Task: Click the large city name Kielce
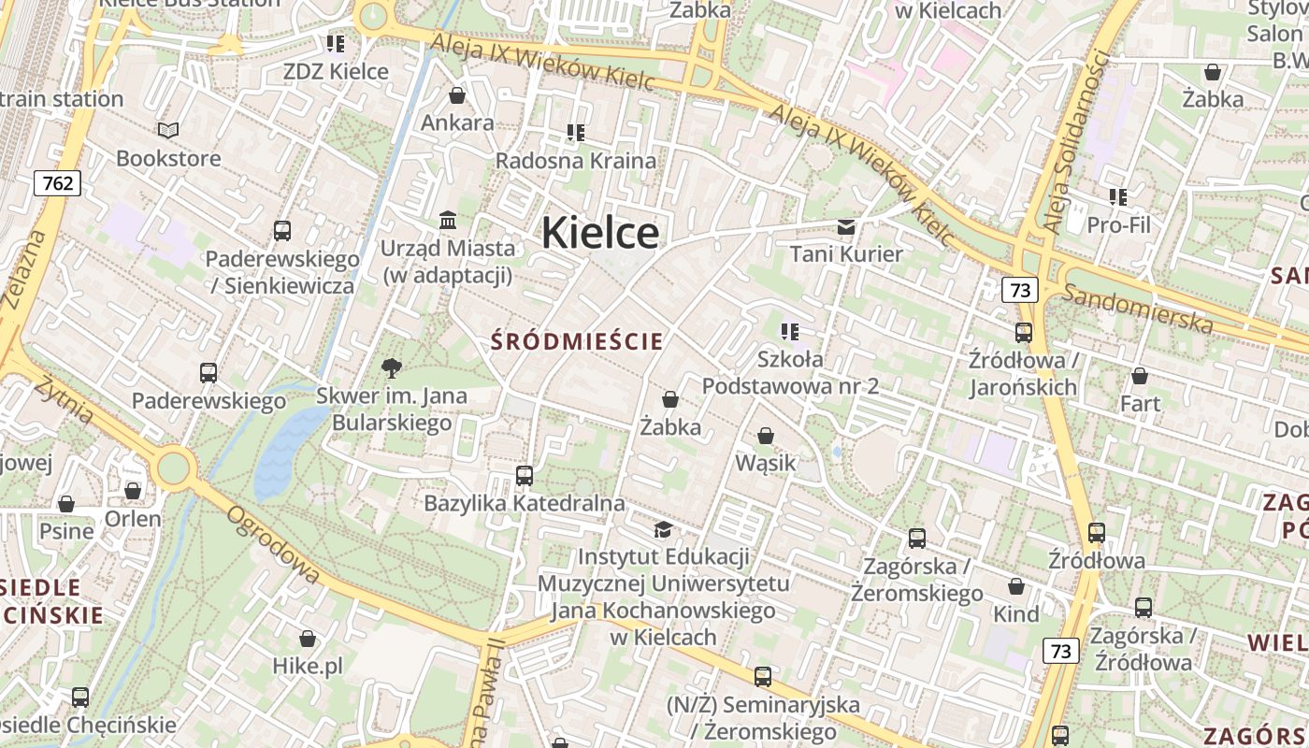tap(599, 232)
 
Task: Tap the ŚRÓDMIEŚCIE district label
tap(577, 341)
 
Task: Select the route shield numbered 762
tap(57, 183)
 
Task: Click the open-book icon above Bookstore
tap(168, 131)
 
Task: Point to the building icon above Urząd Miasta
tap(448, 221)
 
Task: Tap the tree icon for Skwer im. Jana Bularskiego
tap(392, 368)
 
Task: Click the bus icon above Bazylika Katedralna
tap(525, 476)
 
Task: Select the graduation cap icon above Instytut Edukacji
tap(663, 530)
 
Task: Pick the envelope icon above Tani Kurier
tap(846, 226)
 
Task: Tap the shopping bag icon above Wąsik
tap(766, 436)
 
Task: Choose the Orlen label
tap(133, 519)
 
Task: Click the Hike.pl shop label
tap(308, 666)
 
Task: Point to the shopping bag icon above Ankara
tap(457, 95)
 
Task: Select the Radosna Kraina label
tap(575, 160)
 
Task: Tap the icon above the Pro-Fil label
tap(1118, 197)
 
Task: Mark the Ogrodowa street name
tap(272, 545)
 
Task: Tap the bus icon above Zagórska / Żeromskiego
tap(917, 539)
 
